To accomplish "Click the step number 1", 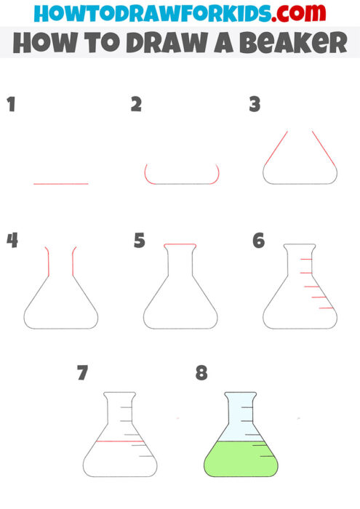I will point(11,104).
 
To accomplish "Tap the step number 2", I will point(136,104).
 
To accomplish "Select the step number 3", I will point(255,104).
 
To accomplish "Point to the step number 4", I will point(12,240).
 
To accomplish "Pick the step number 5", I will point(140,240).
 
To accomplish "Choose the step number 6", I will point(258,240).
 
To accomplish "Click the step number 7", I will point(83,373).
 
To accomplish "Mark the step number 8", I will point(201,373).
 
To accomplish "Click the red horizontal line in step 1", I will point(60,183).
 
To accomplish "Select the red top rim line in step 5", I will point(180,245).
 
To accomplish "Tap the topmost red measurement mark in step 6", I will point(307,260).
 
